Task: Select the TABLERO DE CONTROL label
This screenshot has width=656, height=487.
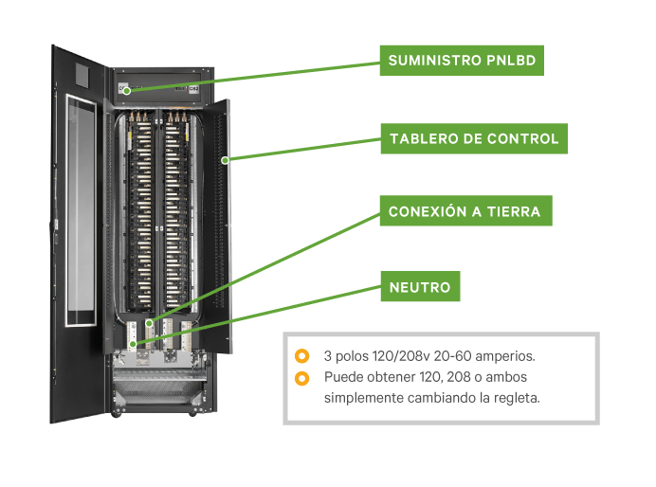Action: [x=474, y=138]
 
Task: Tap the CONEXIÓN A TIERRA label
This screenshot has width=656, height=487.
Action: [x=465, y=210]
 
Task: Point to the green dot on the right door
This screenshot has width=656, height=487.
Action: [x=225, y=160]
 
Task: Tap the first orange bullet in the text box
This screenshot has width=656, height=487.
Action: [x=301, y=356]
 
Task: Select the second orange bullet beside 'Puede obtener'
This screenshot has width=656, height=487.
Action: [x=301, y=378]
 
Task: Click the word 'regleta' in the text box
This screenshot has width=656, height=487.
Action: [x=516, y=398]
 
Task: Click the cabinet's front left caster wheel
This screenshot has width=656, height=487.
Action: [x=118, y=411]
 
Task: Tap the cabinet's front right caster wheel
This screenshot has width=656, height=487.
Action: [x=194, y=411]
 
